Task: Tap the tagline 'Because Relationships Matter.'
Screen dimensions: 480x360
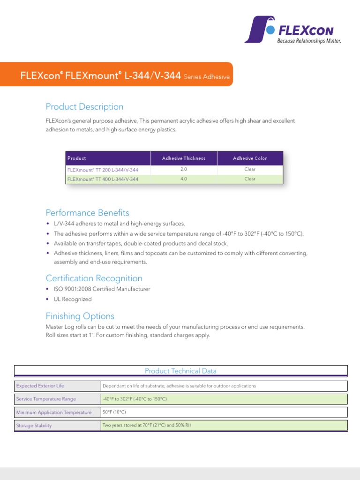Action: (x=309, y=41)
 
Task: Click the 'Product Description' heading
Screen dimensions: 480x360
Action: (x=84, y=107)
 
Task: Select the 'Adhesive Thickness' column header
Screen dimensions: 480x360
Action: (x=184, y=158)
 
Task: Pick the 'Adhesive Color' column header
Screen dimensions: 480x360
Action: (x=250, y=158)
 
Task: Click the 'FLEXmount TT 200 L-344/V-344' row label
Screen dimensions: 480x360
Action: (x=103, y=170)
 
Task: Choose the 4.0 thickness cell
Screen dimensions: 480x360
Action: (x=184, y=179)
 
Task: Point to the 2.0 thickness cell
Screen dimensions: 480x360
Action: (x=184, y=169)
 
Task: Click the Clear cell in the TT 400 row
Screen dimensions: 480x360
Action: (x=250, y=179)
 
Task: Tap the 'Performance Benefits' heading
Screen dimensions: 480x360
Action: (x=87, y=213)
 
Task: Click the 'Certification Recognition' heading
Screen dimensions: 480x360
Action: (x=94, y=278)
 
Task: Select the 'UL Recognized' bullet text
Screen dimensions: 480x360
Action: (x=73, y=299)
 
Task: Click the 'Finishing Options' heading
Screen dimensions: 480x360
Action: (x=80, y=316)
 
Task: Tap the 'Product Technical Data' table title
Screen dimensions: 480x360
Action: (x=180, y=371)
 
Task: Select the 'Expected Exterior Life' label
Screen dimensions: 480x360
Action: (x=40, y=386)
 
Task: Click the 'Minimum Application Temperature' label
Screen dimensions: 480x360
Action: (x=54, y=412)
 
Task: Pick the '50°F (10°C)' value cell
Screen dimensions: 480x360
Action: (x=114, y=412)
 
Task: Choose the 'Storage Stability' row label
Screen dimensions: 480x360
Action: (x=34, y=426)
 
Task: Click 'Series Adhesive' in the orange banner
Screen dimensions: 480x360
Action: (x=207, y=77)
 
